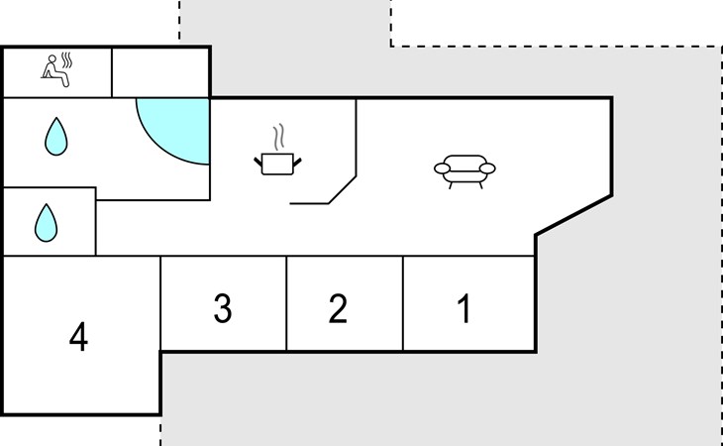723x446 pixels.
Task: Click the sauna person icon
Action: pyautogui.click(x=55, y=71)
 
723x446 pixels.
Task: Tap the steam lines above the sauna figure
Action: pyautogui.click(x=67, y=59)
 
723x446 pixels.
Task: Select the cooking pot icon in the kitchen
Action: pyautogui.click(x=277, y=164)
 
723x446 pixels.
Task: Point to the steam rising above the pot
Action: pyautogui.click(x=277, y=137)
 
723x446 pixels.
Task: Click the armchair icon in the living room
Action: pyautogui.click(x=465, y=171)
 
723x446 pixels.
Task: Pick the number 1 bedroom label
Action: pyautogui.click(x=465, y=308)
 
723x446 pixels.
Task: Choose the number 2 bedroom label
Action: pyautogui.click(x=338, y=308)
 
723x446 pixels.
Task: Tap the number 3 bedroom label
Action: pyautogui.click(x=223, y=308)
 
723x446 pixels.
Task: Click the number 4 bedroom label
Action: pyautogui.click(x=78, y=337)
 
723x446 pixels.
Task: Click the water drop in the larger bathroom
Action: pyautogui.click(x=56, y=137)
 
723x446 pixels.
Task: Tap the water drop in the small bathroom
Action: pyautogui.click(x=47, y=223)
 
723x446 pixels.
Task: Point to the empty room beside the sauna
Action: pyautogui.click(x=160, y=72)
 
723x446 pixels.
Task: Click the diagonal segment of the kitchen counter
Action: pyautogui.click(x=342, y=189)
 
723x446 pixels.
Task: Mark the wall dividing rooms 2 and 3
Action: pyautogui.click(x=286, y=303)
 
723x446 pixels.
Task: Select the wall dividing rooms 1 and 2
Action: pyautogui.click(x=403, y=303)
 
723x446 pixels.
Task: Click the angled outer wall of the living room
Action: pyautogui.click(x=573, y=215)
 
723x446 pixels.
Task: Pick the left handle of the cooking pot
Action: pyautogui.click(x=258, y=162)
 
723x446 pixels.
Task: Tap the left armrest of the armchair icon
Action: pyautogui.click(x=442, y=168)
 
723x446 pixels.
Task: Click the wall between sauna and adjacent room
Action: pyautogui.click(x=112, y=72)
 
